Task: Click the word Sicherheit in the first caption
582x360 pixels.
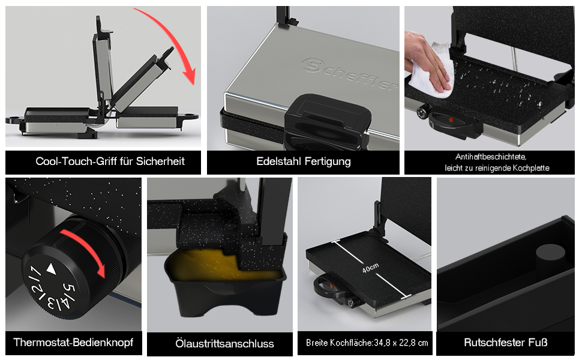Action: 160,161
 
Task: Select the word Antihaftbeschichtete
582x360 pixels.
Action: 491,157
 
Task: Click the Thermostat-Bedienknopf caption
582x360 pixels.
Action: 73,342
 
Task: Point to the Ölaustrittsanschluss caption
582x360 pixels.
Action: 224,344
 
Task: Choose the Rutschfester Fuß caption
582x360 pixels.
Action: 506,342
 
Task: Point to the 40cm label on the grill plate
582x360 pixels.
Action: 370,268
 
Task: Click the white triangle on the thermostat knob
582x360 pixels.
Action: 51,269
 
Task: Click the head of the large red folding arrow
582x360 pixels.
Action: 190,77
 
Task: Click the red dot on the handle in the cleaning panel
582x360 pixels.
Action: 451,120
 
